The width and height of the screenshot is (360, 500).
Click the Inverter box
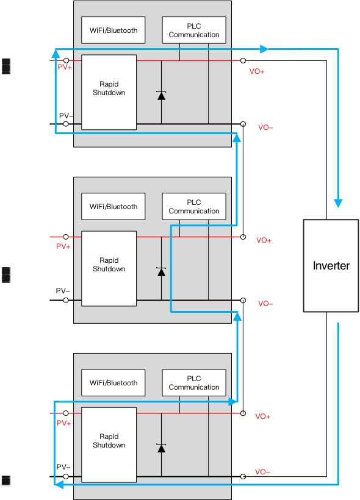(331, 266)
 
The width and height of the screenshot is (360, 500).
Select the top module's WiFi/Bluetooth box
(113, 30)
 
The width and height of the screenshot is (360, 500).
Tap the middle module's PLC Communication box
(194, 206)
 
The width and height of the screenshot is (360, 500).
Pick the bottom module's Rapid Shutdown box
(109, 445)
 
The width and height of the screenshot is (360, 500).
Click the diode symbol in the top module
(162, 95)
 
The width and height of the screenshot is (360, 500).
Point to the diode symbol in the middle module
(162, 272)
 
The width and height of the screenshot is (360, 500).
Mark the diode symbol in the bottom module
(162, 448)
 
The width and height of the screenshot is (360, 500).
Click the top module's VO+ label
(257, 71)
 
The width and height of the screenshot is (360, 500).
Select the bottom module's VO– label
(262, 471)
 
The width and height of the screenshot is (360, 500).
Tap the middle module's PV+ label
(63, 246)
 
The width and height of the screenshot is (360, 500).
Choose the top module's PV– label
(66, 115)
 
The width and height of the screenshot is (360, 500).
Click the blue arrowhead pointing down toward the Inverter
(338, 203)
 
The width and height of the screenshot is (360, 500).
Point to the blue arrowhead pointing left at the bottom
(59, 484)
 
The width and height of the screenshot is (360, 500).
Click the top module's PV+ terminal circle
(66, 60)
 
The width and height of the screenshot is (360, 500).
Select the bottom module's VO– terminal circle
(243, 476)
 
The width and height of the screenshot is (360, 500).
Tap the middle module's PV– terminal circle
(66, 300)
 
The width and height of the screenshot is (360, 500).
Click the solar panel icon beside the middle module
(6, 275)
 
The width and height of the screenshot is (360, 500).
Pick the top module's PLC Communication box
(194, 30)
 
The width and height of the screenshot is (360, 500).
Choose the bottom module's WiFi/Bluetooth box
(113, 383)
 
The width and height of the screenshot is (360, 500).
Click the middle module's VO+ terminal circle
(243, 237)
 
